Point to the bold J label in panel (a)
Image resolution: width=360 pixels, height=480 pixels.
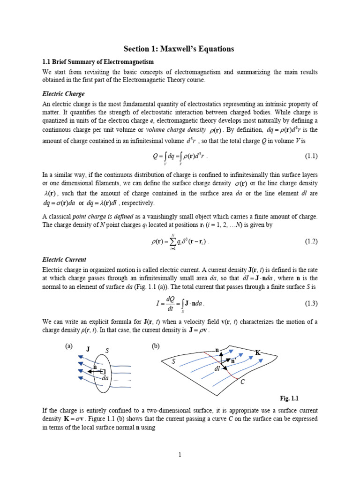pos(88,349)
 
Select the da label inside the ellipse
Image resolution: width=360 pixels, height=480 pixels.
pos(105,378)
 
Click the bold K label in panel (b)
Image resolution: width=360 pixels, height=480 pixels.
pos(258,352)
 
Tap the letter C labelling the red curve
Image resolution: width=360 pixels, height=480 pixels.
pos(242,383)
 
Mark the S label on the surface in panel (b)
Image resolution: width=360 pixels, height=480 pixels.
pos(173,361)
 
